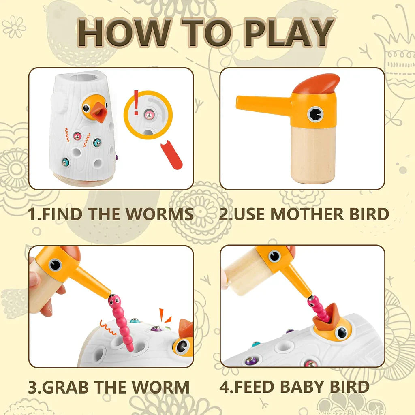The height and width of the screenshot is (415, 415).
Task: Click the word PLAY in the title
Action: click(x=289, y=32)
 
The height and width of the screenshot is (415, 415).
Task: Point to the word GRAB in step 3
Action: click(x=65, y=387)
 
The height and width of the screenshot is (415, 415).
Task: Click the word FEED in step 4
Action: click(x=255, y=387)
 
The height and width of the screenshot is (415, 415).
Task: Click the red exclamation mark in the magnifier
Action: click(x=136, y=103)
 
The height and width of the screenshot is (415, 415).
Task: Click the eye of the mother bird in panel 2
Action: click(x=315, y=114)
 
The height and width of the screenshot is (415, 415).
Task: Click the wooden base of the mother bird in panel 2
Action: click(x=313, y=154)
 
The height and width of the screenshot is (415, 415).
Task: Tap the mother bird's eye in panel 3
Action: click(x=55, y=265)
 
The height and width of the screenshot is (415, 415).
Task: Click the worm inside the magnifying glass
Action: click(x=149, y=115)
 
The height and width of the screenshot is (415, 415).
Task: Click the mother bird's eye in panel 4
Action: click(x=274, y=256)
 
